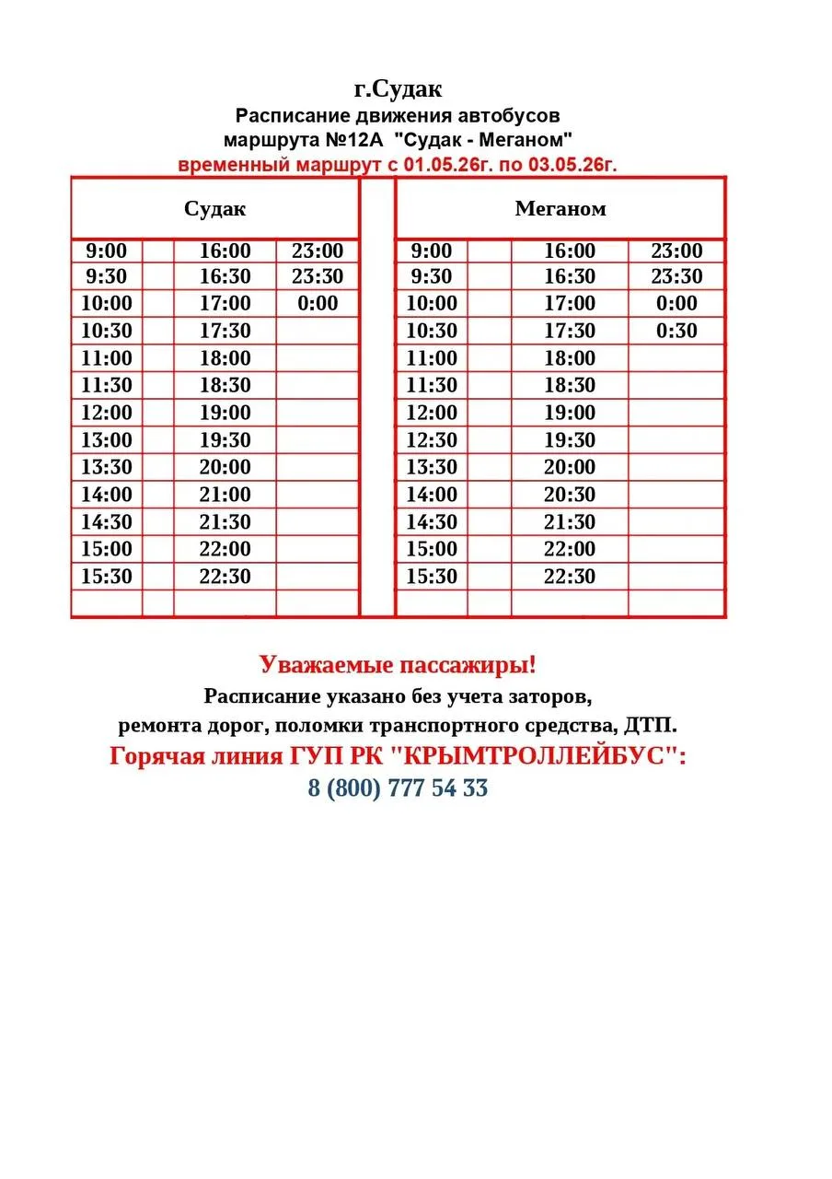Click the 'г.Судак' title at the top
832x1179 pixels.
398,89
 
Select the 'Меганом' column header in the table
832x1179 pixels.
560,209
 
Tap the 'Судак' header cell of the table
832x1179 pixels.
215,209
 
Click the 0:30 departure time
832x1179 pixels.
676,331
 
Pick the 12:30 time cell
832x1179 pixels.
431,440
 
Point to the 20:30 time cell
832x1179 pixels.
570,495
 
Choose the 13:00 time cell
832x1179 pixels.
107,440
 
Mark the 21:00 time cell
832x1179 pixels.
225,495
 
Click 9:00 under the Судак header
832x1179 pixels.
107,251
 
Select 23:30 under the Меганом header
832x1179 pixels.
676,276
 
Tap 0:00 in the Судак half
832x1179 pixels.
318,303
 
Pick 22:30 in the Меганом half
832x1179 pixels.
570,577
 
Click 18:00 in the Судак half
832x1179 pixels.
225,358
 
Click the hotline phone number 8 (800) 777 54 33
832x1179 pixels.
398,788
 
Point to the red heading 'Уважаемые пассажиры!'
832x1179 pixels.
398,665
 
